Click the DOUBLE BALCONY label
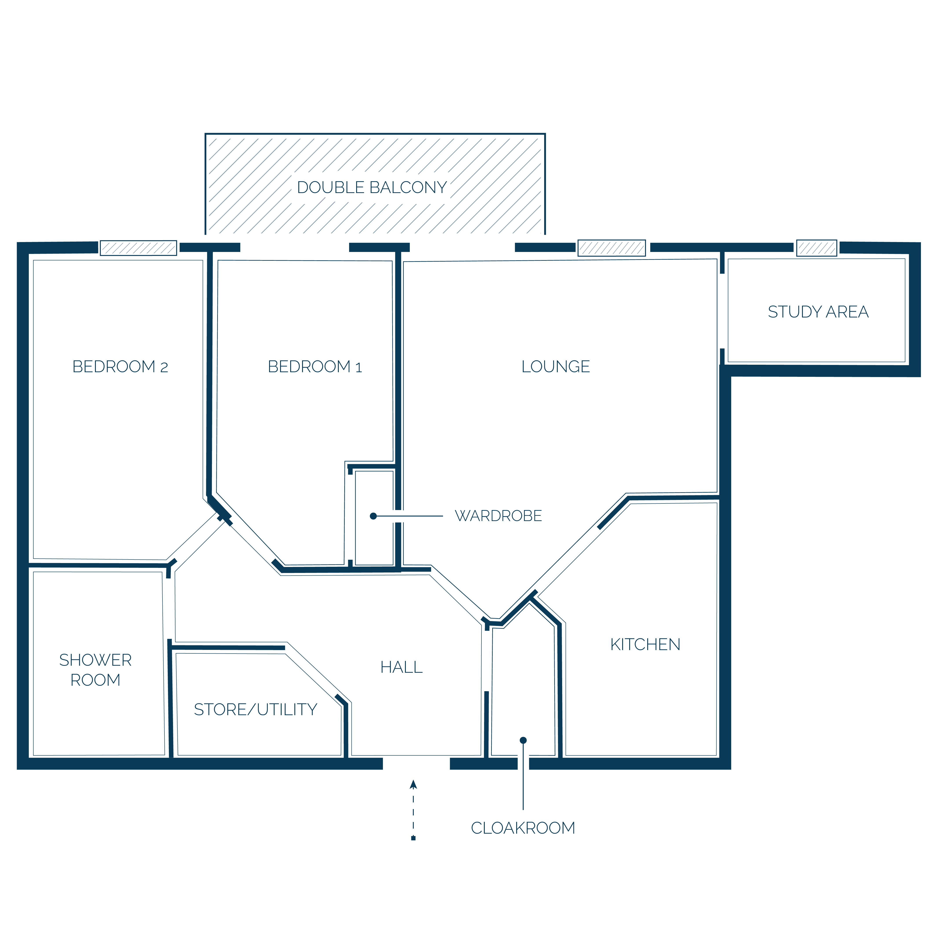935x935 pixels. pos(372,187)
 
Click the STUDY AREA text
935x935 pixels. pos(818,312)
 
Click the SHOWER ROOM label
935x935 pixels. pos(95,670)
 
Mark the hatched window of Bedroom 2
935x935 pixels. pos(139,248)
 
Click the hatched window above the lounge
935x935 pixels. pos(612,248)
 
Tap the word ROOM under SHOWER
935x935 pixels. pos(95,680)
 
